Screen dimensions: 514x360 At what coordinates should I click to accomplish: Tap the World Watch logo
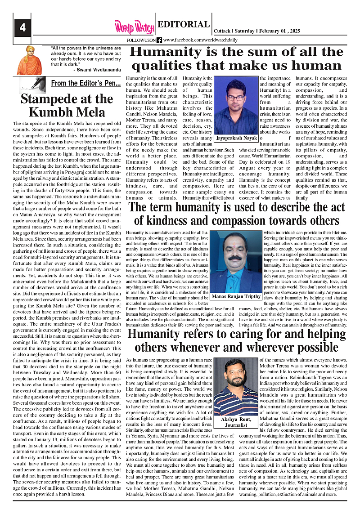[134, 27]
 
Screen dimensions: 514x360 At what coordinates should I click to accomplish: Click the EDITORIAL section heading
[184, 25]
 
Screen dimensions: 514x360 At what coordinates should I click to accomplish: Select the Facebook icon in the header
[159, 40]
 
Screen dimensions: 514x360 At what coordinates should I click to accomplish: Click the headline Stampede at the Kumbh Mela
[67, 105]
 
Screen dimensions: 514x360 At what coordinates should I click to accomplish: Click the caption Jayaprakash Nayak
[236, 139]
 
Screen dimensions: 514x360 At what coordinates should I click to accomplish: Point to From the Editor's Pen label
[85, 83]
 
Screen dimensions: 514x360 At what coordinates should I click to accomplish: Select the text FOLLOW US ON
[141, 40]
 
